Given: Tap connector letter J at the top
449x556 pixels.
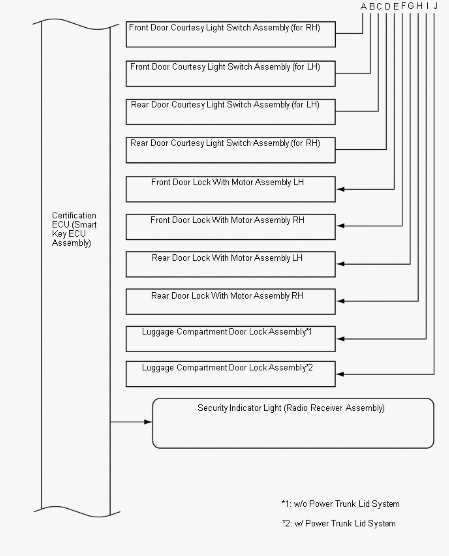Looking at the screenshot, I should [436, 6].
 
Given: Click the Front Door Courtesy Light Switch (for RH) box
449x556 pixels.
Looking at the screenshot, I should [230, 34].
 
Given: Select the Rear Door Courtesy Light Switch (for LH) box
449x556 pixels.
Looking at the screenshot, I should [230, 112].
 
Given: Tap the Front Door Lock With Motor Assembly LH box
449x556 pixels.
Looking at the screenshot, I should [230, 189].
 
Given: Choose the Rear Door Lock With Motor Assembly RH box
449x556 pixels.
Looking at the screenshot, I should [230, 302].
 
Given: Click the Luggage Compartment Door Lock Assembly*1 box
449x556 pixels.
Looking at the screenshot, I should [230, 339].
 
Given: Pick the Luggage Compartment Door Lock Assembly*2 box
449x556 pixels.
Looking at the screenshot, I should [230, 374].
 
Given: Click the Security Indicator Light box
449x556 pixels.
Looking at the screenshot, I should [293, 423].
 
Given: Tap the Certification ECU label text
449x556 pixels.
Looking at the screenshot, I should [74, 229].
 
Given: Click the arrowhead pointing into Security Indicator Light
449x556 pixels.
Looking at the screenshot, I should [148, 422].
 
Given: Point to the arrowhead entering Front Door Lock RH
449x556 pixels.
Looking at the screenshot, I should [340, 226].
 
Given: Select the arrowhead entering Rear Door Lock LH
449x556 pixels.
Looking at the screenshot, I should [340, 264].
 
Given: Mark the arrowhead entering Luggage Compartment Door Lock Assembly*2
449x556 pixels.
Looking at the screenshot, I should [340, 374].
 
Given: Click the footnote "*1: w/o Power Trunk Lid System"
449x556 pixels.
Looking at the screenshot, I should [340, 504].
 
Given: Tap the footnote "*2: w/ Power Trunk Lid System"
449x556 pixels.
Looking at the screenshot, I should [339, 523].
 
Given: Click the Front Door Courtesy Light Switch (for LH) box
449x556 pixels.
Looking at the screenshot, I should [230, 73].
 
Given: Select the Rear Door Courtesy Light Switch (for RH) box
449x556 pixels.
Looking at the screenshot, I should [230, 150].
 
